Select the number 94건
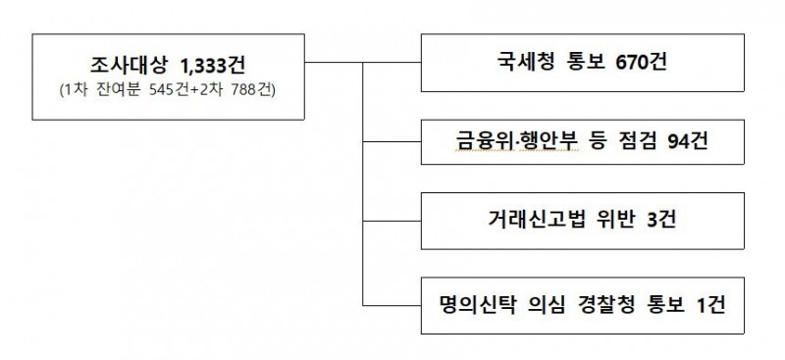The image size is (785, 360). click(685, 144)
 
